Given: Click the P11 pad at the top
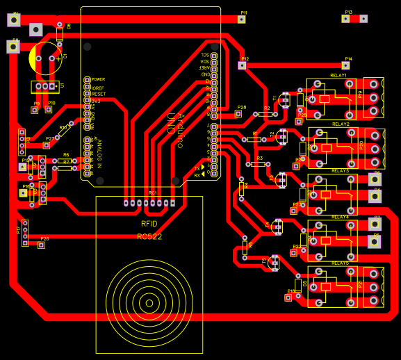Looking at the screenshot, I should (242, 20).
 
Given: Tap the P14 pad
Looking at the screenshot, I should (347, 65).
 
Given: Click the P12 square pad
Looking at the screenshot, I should (242, 65).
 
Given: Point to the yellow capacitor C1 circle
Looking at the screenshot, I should (46, 58).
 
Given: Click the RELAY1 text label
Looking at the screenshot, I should (338, 75).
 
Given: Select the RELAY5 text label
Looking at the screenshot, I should (341, 263).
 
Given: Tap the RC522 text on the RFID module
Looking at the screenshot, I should (149, 236).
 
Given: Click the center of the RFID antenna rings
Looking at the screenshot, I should (148, 302).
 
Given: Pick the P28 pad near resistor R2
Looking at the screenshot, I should (238, 114).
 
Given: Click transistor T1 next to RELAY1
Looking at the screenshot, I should (284, 100).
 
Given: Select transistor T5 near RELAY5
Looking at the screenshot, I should (273, 263).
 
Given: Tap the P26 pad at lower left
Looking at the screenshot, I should (42, 245).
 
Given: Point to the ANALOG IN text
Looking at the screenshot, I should (99, 154).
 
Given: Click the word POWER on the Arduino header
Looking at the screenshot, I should (98, 79).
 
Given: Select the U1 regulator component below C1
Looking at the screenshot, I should (44, 86).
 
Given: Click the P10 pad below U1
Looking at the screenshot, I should (49, 109).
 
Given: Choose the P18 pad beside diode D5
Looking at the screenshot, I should (288, 297).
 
